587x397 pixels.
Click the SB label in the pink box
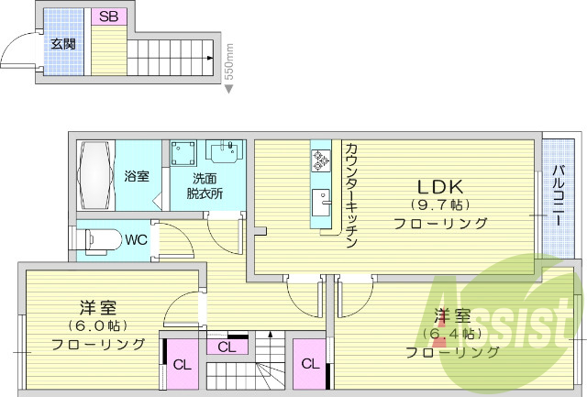tap(109, 17)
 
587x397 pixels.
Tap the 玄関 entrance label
tap(62, 43)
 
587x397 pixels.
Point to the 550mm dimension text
tap(229, 61)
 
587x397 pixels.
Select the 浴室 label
tap(137, 176)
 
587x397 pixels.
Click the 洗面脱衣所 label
tap(205, 185)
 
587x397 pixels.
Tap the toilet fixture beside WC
tap(98, 241)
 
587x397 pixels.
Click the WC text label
tap(136, 241)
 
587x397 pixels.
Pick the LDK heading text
tap(439, 182)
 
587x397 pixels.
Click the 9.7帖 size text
tap(440, 204)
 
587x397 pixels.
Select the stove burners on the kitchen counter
tap(321, 161)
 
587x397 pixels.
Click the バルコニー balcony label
tap(557, 196)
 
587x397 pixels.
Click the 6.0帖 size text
tap(97, 325)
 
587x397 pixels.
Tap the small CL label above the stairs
tap(227, 347)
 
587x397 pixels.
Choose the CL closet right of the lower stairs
tap(310, 364)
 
